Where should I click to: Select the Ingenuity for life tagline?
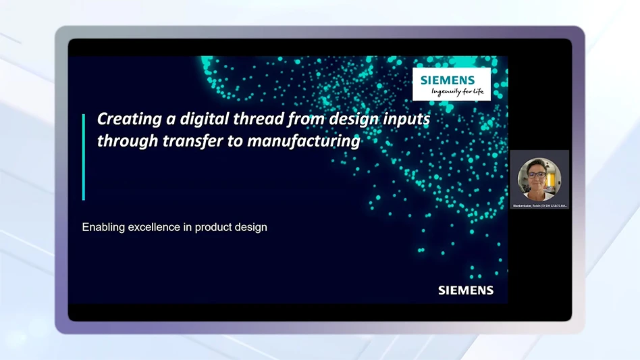pos(458,92)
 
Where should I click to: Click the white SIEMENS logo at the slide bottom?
pos(466,290)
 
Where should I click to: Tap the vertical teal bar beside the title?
pos(84,157)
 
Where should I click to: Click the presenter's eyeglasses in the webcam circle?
pos(537,175)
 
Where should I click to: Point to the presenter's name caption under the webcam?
pos(539,205)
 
